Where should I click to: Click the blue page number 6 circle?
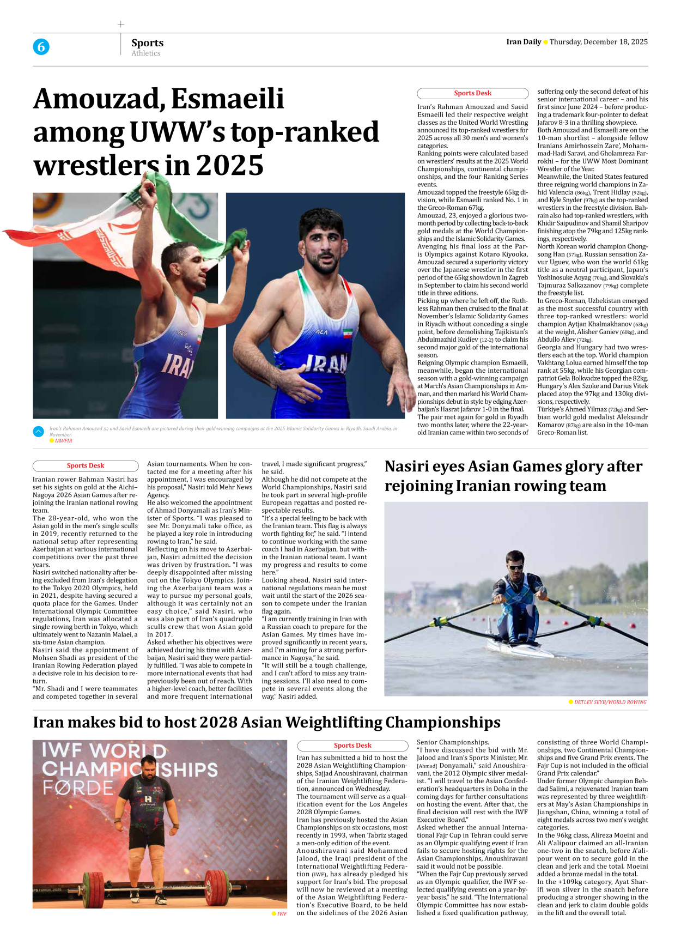(x=41, y=47)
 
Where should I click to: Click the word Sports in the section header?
(x=147, y=43)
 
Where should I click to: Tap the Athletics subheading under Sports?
(x=145, y=53)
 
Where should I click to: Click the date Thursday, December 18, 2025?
(x=598, y=42)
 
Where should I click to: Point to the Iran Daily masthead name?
(x=523, y=42)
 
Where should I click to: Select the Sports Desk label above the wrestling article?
(x=472, y=93)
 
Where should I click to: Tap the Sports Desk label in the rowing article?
(x=86, y=466)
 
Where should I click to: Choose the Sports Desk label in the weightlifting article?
(x=352, y=746)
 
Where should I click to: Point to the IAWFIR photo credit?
(x=63, y=441)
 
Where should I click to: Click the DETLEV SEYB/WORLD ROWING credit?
(x=610, y=702)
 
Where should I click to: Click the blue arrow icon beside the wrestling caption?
(x=38, y=432)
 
